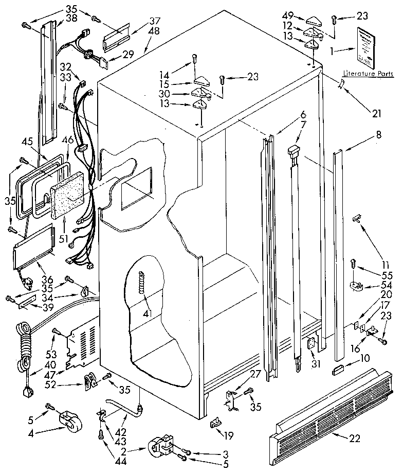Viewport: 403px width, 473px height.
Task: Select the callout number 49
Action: (288, 16)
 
